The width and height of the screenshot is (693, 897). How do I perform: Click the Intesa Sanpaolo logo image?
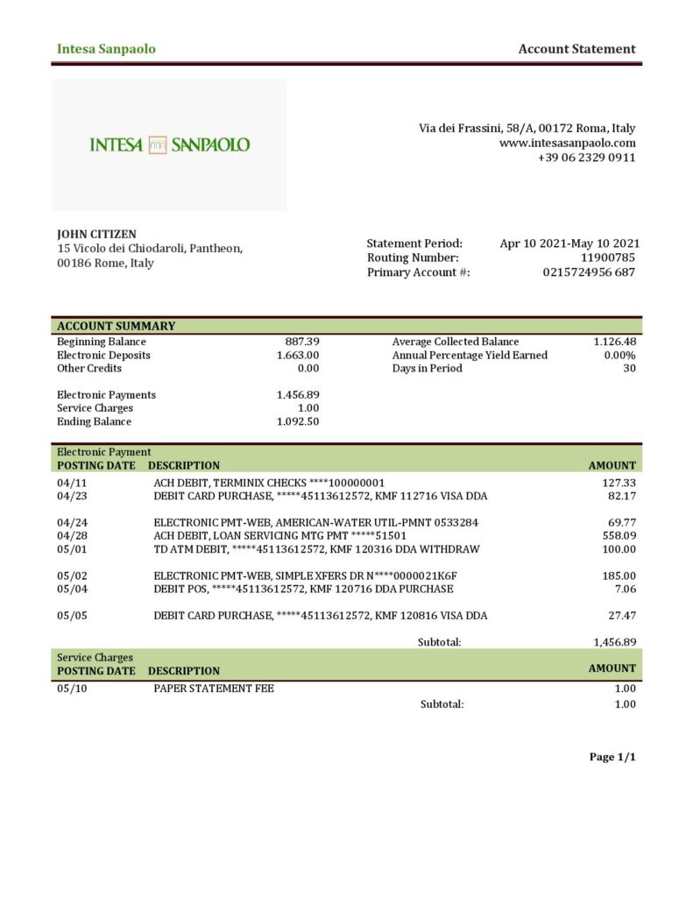coord(169,145)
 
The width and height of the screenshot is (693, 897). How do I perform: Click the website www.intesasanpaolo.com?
coord(567,143)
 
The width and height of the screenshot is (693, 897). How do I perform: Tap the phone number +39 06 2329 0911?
coord(586,158)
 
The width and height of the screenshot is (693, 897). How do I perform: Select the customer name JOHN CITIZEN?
coord(96,234)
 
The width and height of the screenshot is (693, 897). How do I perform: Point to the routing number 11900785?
coord(608,258)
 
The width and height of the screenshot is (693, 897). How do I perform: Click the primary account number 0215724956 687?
coord(589,272)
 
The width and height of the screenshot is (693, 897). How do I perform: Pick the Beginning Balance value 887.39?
coord(302,342)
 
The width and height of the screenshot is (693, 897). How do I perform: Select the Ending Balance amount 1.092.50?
coord(298,421)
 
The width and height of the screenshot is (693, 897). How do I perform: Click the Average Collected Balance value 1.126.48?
coord(614,342)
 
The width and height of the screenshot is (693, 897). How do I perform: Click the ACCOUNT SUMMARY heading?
coord(116,326)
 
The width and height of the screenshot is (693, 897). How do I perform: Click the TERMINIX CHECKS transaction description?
coord(269,483)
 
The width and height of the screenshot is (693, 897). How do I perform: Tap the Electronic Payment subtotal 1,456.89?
coord(614,642)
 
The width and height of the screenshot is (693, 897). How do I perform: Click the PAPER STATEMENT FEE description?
coord(214,689)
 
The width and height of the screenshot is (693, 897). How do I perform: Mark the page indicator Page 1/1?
coord(612,757)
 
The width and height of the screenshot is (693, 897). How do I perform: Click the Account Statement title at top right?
coord(576,49)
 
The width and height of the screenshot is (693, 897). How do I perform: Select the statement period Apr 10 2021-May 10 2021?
coord(569,244)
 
